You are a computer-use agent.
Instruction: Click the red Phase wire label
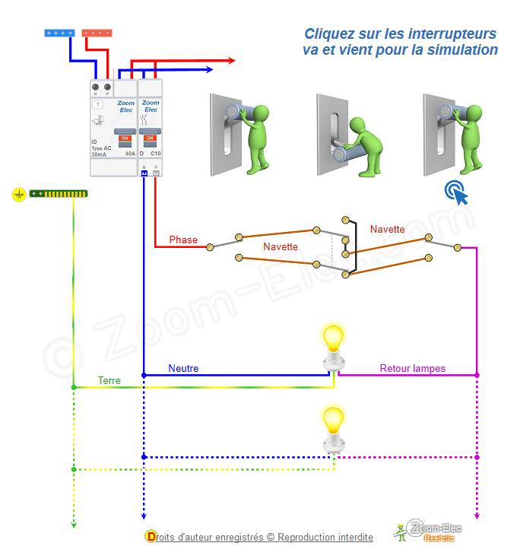click(183, 240)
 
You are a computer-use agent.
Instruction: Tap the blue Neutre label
click(183, 368)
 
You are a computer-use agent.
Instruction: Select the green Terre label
click(109, 380)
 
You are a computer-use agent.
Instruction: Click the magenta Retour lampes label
click(412, 368)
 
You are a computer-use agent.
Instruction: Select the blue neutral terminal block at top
click(59, 33)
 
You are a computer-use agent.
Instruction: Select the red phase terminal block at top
click(97, 33)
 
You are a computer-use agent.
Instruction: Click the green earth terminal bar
click(59, 195)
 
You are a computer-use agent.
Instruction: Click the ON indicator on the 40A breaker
click(125, 138)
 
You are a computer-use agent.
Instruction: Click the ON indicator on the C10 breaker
click(150, 138)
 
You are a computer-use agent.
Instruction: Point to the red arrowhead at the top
click(230, 59)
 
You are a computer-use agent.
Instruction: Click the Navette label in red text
click(387, 229)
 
